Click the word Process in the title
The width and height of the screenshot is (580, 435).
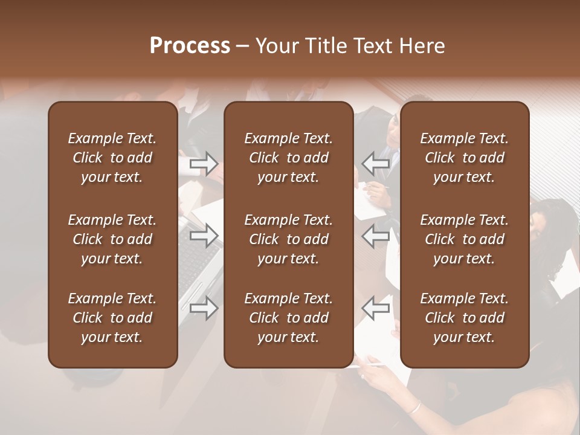[190, 46]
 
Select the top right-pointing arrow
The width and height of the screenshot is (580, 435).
[204, 163]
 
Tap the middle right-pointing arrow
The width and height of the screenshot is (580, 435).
[204, 236]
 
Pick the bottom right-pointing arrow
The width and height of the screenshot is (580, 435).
[204, 308]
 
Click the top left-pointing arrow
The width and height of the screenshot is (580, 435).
[375, 163]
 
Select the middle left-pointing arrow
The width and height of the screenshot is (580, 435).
[375, 236]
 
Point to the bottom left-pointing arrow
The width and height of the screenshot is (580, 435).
[375, 308]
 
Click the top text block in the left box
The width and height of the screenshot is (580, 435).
[112, 158]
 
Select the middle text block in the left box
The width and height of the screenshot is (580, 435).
[112, 239]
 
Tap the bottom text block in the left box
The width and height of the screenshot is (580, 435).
[112, 318]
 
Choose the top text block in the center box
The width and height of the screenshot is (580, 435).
[288, 158]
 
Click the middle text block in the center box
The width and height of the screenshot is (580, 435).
[288, 239]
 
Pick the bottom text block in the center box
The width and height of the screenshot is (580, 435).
[288, 318]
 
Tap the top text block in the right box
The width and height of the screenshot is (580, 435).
[464, 158]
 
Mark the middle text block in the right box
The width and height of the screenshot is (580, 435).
[464, 239]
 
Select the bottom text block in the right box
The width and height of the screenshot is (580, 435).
[464, 318]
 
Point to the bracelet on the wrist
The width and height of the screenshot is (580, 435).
[414, 407]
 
